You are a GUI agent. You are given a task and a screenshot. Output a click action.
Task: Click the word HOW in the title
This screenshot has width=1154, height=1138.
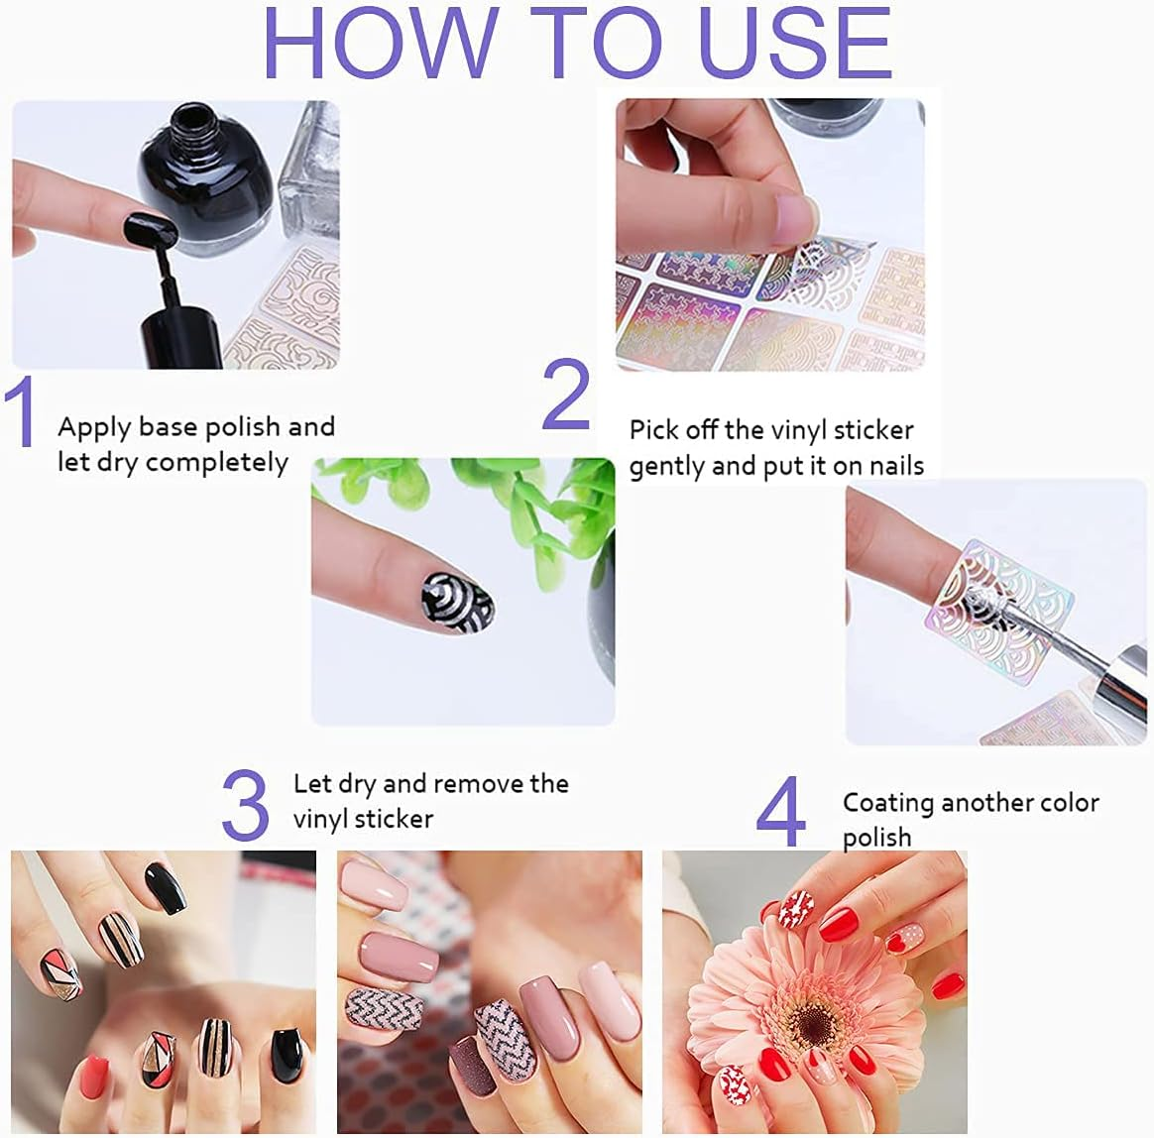coord(380,44)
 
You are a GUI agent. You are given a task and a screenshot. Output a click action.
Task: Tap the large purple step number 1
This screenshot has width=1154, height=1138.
coord(21,410)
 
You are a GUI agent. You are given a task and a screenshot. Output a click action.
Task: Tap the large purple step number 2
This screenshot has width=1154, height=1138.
coord(566,395)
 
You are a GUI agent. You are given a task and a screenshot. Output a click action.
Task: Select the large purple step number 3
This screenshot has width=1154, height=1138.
coord(245,805)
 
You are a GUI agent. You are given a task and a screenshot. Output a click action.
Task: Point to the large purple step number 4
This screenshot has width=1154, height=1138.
coord(780,813)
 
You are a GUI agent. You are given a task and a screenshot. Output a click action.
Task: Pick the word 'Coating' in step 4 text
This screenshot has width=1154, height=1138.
coord(888,802)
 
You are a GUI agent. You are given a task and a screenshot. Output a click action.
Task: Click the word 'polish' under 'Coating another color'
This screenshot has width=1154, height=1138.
coord(876,838)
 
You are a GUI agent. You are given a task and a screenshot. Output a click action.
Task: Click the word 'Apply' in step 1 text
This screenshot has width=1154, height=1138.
coord(94,428)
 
